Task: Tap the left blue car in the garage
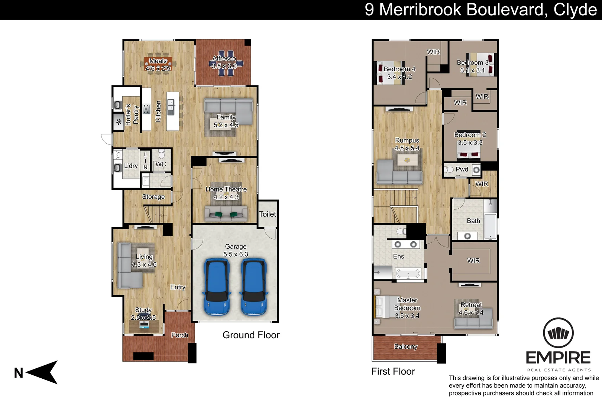coord(217,287)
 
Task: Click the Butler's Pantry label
coord(132,115)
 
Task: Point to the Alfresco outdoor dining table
coord(226,63)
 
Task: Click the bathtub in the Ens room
coord(408,274)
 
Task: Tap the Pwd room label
coord(462,169)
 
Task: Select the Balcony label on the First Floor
coord(406,346)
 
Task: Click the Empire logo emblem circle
coord(558,333)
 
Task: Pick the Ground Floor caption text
coord(251,335)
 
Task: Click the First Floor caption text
coord(393,371)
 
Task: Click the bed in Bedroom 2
coord(469,150)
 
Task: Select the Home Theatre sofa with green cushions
coord(226,214)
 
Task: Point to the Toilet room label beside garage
coord(268,214)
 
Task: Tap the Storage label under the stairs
coord(153,197)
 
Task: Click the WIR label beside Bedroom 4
coord(433,52)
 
